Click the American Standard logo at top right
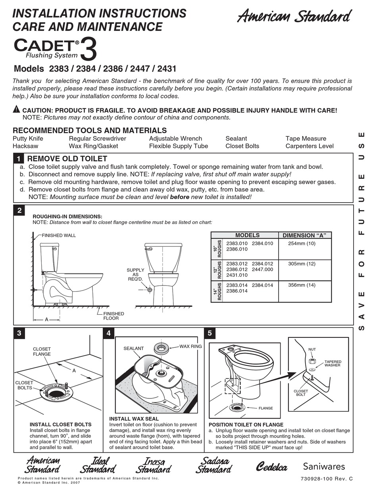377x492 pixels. (x=294, y=17)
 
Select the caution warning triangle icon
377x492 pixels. (x=16, y=109)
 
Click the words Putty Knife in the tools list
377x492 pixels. (x=28, y=138)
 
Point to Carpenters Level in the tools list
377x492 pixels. (x=310, y=146)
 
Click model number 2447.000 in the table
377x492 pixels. (x=263, y=270)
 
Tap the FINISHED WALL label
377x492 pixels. (x=59, y=235)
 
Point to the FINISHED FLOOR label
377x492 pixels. (x=113, y=316)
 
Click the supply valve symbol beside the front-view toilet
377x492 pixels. (x=150, y=289)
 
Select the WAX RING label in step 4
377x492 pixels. (x=190, y=346)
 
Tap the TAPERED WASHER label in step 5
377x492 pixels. (x=333, y=364)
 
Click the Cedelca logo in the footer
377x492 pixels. (x=271, y=467)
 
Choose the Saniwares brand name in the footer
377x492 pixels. (x=324, y=466)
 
